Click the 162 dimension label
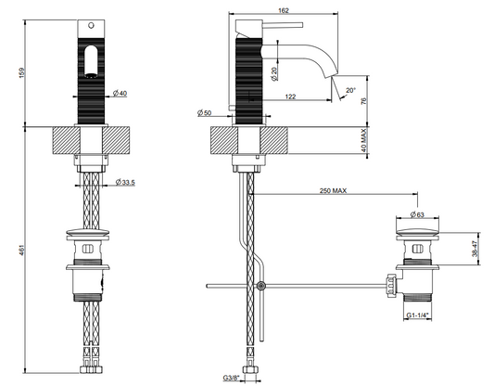tap(284, 10)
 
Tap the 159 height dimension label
tap(21, 72)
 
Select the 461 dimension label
tap(21, 250)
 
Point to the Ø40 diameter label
tap(120, 93)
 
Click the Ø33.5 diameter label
tap(125, 182)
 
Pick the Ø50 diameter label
tap(205, 112)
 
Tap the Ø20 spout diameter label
tap(274, 74)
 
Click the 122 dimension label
tap(290, 96)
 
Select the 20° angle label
tap(350, 90)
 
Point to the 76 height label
tap(364, 101)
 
